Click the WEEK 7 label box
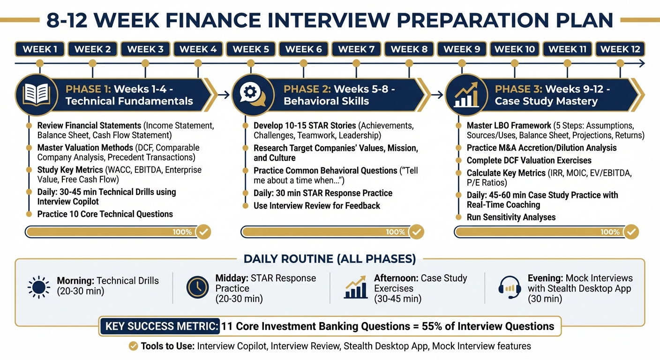tap(356, 49)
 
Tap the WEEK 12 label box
tap(620, 49)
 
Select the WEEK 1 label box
tap(40, 49)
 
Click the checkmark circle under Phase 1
tap(203, 232)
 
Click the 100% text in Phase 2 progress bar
tap(396, 232)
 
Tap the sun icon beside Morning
tap(38, 287)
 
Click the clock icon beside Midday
tap(197, 287)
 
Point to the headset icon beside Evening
tap(510, 286)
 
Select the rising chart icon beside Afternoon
tap(356, 287)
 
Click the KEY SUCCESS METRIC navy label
tap(160, 326)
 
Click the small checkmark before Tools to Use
tap(133, 346)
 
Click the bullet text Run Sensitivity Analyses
tap(511, 217)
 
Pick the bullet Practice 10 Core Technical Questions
tap(105, 214)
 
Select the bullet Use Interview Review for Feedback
tap(317, 206)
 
